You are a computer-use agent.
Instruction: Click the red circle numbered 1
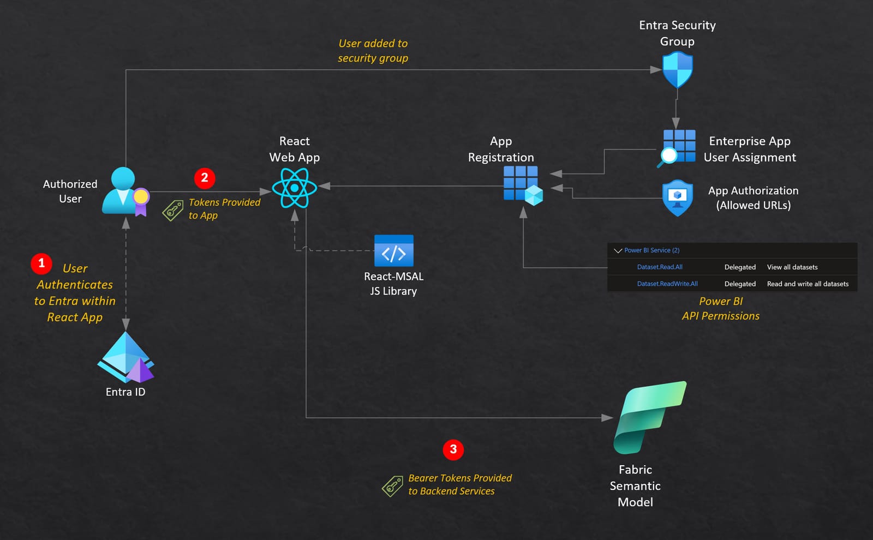41,263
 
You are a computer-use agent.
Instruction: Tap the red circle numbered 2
205,178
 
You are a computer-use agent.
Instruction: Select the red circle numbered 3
453,449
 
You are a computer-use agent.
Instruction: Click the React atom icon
295,188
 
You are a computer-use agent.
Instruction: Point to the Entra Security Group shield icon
677,70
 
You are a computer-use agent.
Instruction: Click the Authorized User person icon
125,191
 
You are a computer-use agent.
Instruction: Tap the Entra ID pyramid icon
126,358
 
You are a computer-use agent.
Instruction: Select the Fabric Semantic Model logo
649,417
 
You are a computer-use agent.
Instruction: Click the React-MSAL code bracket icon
393,251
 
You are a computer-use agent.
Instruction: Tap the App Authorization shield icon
677,197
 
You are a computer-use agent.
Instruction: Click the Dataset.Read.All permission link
660,267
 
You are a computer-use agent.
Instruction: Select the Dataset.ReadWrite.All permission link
667,284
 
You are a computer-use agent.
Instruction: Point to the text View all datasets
792,267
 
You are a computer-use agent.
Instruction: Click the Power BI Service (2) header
651,250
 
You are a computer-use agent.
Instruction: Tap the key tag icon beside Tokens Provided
173,211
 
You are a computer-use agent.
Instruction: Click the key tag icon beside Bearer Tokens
392,486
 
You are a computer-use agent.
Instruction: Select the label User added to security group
373,51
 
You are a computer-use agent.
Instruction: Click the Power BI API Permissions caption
720,309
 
